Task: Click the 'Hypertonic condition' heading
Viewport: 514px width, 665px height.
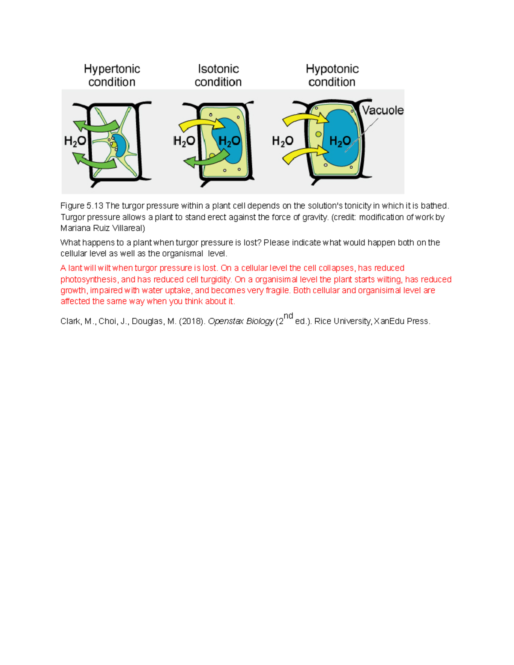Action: [112, 75]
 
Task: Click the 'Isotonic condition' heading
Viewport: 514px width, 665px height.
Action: [218, 75]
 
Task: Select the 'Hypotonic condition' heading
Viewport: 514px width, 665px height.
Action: [332, 75]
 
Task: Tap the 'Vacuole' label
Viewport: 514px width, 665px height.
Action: [383, 110]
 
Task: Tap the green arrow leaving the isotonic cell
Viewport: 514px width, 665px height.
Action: [206, 159]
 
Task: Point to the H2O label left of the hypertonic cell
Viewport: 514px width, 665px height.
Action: [75, 141]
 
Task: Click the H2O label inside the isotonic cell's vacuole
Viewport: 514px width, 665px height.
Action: [229, 141]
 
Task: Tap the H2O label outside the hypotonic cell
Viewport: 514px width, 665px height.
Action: [283, 141]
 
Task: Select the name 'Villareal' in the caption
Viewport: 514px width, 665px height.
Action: [128, 228]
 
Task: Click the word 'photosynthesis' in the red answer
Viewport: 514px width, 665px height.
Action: [89, 279]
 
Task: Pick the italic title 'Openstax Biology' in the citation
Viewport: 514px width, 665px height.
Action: [241, 321]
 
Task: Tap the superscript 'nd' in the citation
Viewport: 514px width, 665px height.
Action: [288, 316]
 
